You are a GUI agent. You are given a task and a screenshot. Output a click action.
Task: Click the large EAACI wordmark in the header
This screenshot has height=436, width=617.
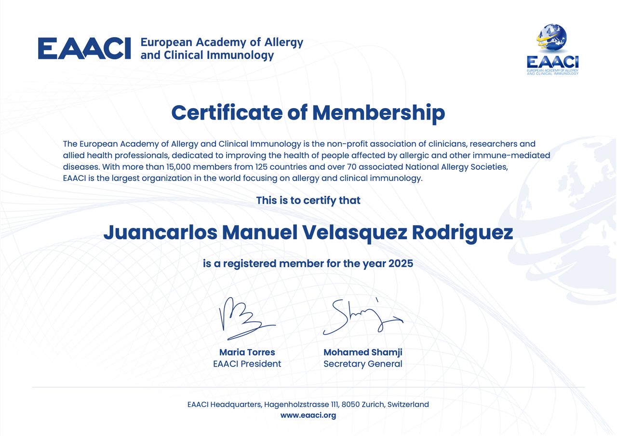(x=84, y=48)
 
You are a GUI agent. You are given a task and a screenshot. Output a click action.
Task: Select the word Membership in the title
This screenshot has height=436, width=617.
(x=378, y=113)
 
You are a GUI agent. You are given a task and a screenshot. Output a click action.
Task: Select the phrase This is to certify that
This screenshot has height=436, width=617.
(x=308, y=200)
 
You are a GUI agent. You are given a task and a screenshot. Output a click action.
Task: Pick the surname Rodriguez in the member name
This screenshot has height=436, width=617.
(x=462, y=232)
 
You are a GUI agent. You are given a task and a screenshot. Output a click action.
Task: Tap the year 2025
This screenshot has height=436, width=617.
(x=401, y=264)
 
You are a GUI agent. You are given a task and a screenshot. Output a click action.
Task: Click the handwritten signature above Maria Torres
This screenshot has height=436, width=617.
(x=245, y=318)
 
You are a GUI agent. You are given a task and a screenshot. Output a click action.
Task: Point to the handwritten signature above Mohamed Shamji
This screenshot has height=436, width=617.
(x=362, y=316)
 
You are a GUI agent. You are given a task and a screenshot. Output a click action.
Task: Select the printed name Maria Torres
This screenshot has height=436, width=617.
(x=247, y=352)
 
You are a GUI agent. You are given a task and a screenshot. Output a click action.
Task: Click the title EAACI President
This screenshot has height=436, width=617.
(x=247, y=364)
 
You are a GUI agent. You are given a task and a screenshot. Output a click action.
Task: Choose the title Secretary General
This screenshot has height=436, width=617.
(x=362, y=364)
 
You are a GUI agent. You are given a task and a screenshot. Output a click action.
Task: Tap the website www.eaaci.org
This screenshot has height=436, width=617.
(x=308, y=415)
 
